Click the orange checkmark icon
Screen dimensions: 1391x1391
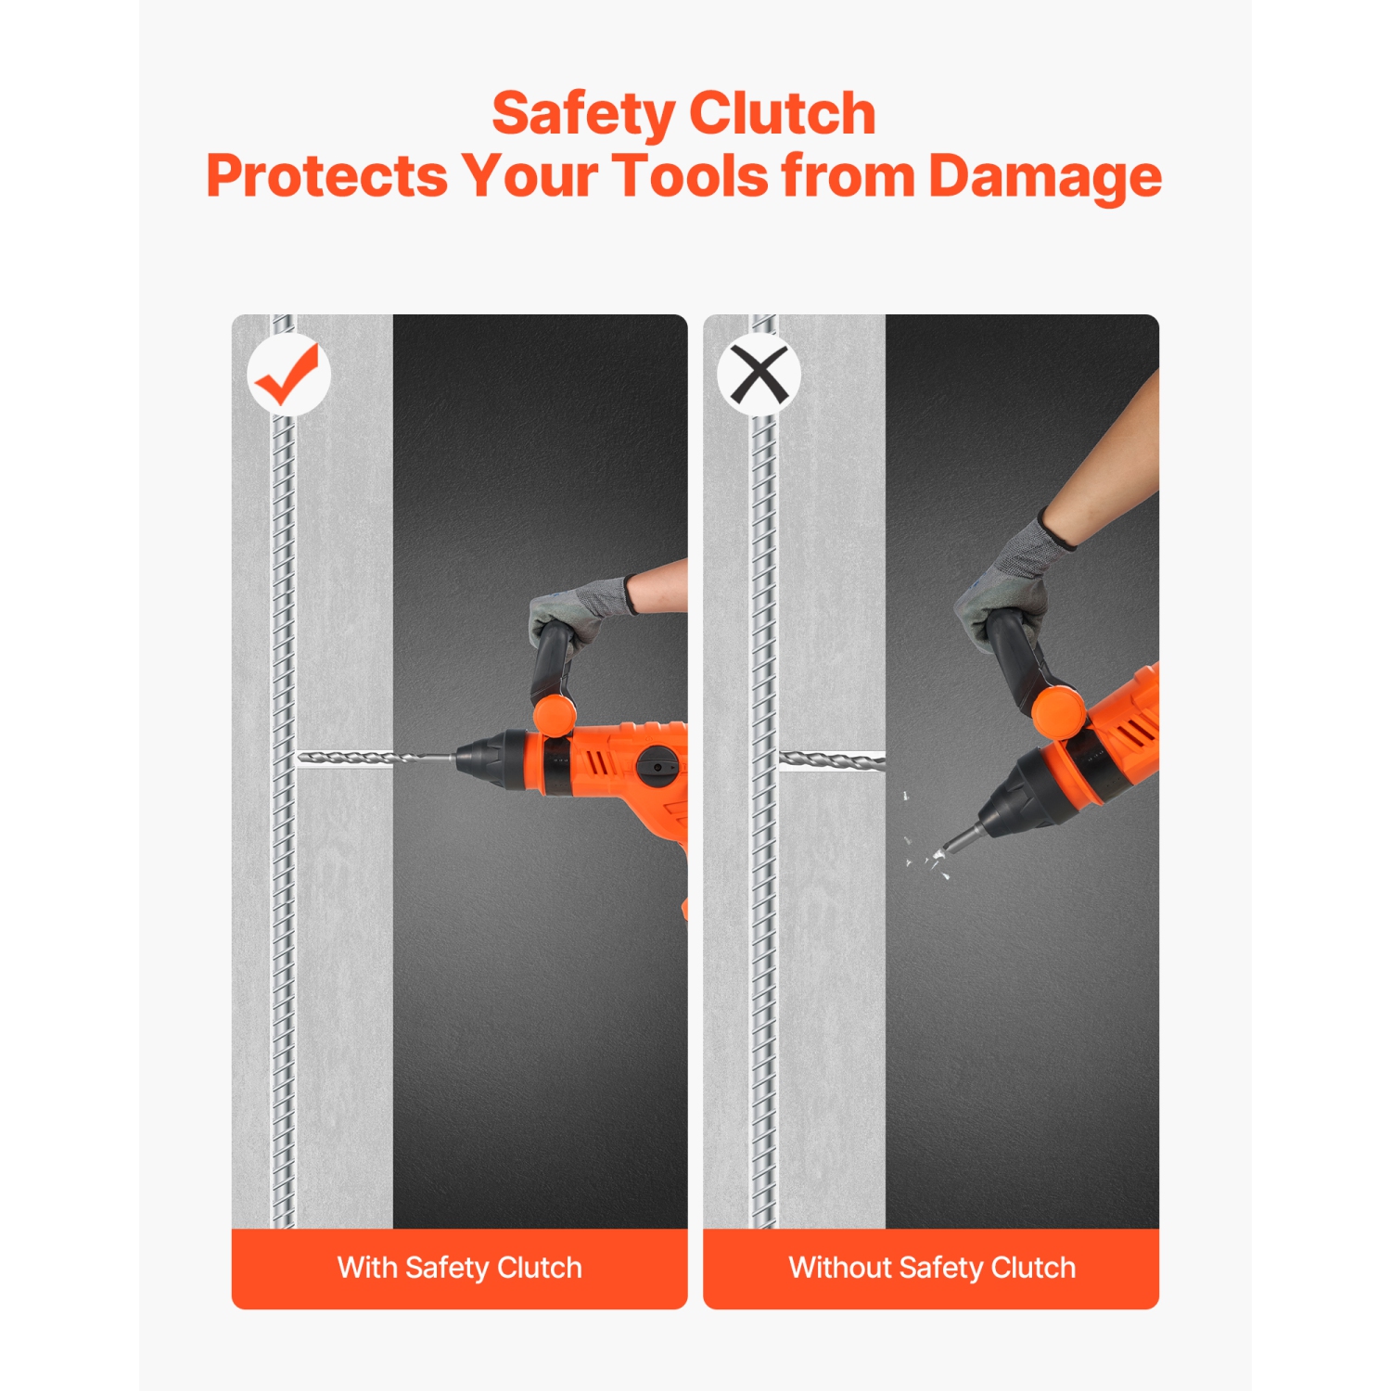pos(287,374)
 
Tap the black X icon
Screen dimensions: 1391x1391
pos(759,375)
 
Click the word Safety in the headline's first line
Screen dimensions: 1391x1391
pos(582,115)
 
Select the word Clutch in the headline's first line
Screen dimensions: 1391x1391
pos(783,113)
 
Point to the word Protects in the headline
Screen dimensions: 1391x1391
pos(326,175)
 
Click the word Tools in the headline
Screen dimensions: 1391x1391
pos(690,175)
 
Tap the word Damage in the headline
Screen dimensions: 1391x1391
pos(1045,177)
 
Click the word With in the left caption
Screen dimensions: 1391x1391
pos(367,1267)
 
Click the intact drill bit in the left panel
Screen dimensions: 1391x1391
pos(376,758)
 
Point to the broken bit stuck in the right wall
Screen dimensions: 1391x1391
pos(832,759)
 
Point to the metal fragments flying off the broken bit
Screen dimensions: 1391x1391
pos(923,839)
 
